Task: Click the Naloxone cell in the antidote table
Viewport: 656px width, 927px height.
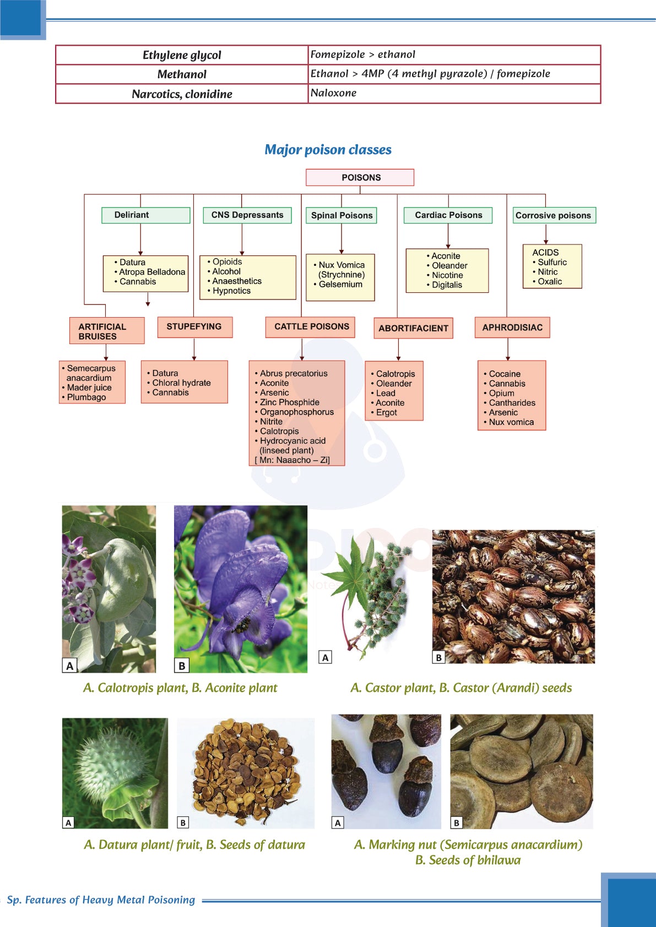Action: (333, 93)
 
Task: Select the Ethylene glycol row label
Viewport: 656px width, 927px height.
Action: (182, 55)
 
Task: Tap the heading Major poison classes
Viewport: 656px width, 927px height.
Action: (328, 150)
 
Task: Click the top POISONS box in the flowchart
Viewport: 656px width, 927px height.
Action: (360, 177)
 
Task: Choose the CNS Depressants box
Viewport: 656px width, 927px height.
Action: (247, 215)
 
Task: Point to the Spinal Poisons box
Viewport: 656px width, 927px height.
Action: (341, 215)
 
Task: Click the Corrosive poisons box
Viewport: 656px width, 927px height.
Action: (554, 215)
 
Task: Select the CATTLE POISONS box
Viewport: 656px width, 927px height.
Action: (311, 326)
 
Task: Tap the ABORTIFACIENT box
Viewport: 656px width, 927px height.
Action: (413, 328)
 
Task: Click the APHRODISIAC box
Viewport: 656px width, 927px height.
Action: (512, 328)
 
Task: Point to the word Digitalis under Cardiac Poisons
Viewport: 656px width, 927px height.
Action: (447, 285)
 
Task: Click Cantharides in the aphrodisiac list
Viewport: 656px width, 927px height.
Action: (512, 403)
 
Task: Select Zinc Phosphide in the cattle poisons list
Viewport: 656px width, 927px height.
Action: (290, 402)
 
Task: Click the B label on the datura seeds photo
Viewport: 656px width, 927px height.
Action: (183, 822)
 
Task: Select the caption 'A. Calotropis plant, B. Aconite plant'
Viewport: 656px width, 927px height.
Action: (180, 688)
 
